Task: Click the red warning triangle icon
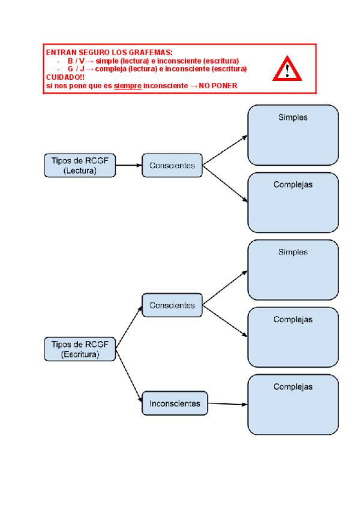pyautogui.click(x=287, y=70)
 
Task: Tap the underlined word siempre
pyautogui.click(x=127, y=86)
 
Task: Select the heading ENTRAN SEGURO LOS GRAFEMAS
pyautogui.click(x=109, y=53)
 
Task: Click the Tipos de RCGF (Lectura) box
pyautogui.click(x=80, y=165)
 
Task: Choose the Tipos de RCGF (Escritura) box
pyautogui.click(x=80, y=349)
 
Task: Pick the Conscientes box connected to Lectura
pyautogui.click(x=172, y=165)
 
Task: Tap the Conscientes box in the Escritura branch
pyautogui.click(x=172, y=305)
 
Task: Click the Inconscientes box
pyautogui.click(x=175, y=403)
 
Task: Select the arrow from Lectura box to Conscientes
pyautogui.click(x=128, y=165)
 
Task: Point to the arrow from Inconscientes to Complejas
pyautogui.click(x=227, y=404)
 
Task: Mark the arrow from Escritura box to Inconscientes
pyautogui.click(x=129, y=376)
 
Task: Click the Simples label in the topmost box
pyautogui.click(x=293, y=118)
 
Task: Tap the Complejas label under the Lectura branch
pyautogui.click(x=293, y=185)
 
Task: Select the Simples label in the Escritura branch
pyautogui.click(x=293, y=252)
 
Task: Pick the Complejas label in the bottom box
pyautogui.click(x=293, y=387)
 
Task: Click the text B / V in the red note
pyautogui.click(x=76, y=61)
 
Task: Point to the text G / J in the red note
pyautogui.click(x=76, y=69)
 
